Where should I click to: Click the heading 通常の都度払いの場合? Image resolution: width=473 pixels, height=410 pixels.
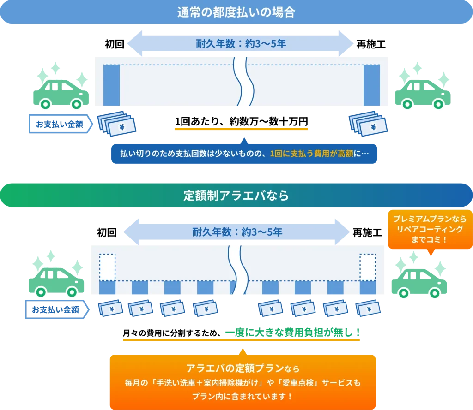236,12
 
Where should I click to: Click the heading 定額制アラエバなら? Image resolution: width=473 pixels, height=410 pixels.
236,196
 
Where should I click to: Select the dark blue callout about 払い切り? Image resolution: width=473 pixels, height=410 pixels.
244,153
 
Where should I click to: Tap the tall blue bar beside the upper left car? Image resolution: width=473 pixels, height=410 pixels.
111,85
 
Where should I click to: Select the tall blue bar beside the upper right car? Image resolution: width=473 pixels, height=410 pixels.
371,85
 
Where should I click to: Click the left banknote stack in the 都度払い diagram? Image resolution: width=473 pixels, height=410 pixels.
117,124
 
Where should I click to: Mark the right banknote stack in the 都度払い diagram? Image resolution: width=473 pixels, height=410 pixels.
368,124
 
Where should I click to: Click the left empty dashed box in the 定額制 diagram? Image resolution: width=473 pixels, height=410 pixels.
107,267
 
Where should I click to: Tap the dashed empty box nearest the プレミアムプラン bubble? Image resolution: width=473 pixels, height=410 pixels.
368,267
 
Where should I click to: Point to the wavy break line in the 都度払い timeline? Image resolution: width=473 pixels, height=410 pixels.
243,82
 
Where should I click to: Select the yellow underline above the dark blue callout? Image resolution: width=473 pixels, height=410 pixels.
242,130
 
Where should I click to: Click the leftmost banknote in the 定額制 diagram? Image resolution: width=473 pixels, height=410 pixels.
110,309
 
